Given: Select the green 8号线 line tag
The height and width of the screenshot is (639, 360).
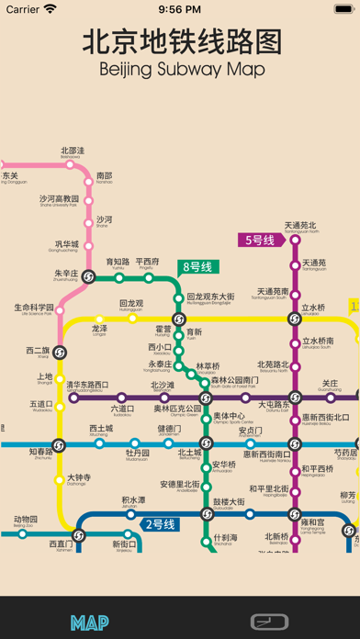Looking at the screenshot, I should click(197, 268).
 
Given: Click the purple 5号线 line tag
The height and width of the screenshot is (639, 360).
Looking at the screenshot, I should click(259, 241).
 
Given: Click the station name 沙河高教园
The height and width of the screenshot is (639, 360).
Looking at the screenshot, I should click(59, 199).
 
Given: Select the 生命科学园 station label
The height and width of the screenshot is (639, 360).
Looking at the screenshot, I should click(34, 308).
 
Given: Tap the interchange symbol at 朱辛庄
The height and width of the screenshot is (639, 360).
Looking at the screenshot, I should click(89, 276).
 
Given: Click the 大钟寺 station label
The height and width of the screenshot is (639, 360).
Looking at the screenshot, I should click(79, 478).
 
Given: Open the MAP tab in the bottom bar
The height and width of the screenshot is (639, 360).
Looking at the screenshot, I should click(90, 622).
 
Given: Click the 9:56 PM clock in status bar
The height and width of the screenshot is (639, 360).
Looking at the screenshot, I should click(179, 9).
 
